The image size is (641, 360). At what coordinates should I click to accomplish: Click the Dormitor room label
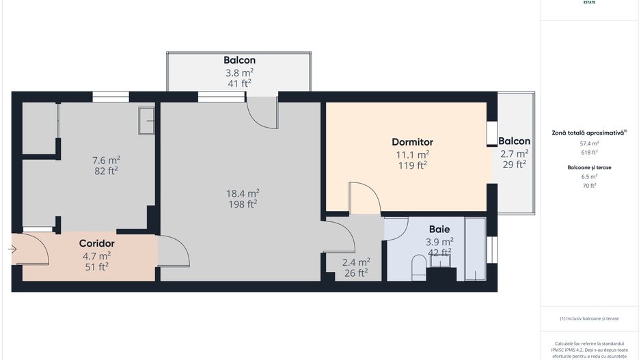coord(412,142)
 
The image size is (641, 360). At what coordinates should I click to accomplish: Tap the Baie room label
coord(439,229)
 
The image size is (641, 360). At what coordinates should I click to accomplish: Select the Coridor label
coord(96,243)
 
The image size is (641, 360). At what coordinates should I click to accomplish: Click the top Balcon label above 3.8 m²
coord(239,60)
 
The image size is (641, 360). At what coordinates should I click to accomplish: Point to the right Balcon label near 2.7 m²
coord(514,141)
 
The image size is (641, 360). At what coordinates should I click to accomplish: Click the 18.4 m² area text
coord(243,193)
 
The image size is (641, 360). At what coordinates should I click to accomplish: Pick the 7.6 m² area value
coord(106,160)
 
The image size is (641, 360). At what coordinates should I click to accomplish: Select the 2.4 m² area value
coord(356,261)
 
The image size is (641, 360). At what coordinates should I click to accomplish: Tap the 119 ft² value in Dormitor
coord(413,165)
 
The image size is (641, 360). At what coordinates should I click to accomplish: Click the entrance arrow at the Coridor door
coord(12,249)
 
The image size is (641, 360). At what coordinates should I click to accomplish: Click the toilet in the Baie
coord(419,267)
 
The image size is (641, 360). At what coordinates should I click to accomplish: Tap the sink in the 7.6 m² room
coord(146,120)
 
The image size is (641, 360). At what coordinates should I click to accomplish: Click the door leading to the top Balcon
coord(262,112)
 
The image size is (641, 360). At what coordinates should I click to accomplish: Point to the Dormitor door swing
coord(364,198)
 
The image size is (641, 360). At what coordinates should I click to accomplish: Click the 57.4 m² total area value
coord(589,143)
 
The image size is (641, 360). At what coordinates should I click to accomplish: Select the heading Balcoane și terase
coord(589,167)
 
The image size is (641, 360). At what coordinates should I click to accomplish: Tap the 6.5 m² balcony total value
coord(589,176)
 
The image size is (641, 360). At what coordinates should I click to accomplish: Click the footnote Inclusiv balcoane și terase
coord(589,318)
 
